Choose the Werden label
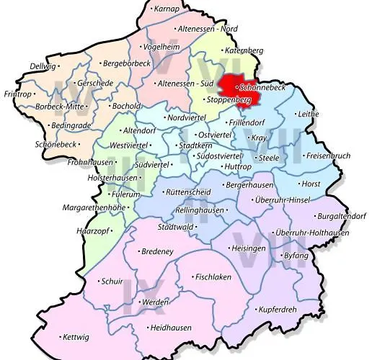point(159,303)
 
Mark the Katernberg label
point(244,50)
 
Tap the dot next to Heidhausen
point(147,328)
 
